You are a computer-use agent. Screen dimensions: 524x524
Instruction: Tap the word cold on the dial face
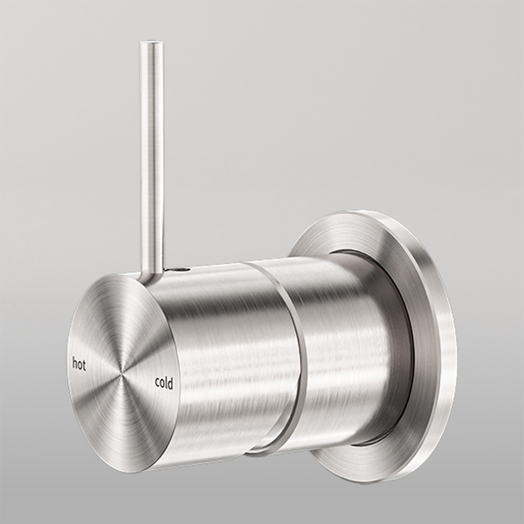(165, 382)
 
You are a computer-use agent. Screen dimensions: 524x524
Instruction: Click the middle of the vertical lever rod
(152, 157)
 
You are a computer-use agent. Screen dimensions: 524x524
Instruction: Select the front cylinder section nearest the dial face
(218, 349)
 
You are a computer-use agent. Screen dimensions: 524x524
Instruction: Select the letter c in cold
(157, 383)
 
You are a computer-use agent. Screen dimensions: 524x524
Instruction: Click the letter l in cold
(168, 381)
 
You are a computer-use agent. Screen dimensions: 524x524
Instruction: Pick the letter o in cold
(162, 383)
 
